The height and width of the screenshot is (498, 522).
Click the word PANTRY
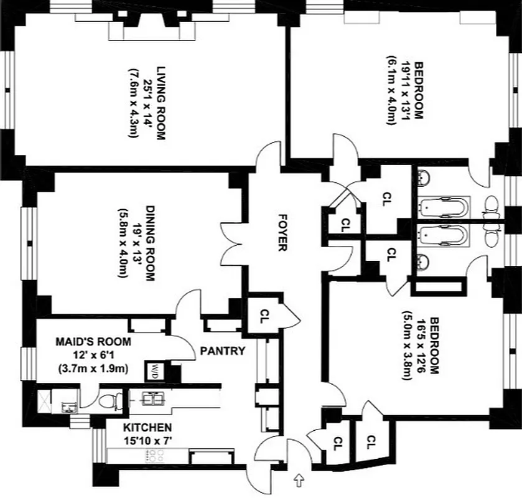tap(222, 350)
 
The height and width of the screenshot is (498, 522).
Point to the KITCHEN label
tap(147, 428)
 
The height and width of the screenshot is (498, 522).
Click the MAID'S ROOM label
tap(93, 342)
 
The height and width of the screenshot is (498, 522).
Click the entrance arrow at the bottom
tap(301, 481)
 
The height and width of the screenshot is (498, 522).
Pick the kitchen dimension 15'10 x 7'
tap(147, 441)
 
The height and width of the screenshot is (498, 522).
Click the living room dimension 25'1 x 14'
tap(147, 103)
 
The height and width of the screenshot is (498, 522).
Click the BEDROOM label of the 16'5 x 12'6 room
tap(435, 345)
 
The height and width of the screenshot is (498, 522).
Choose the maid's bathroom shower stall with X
tap(45, 396)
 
